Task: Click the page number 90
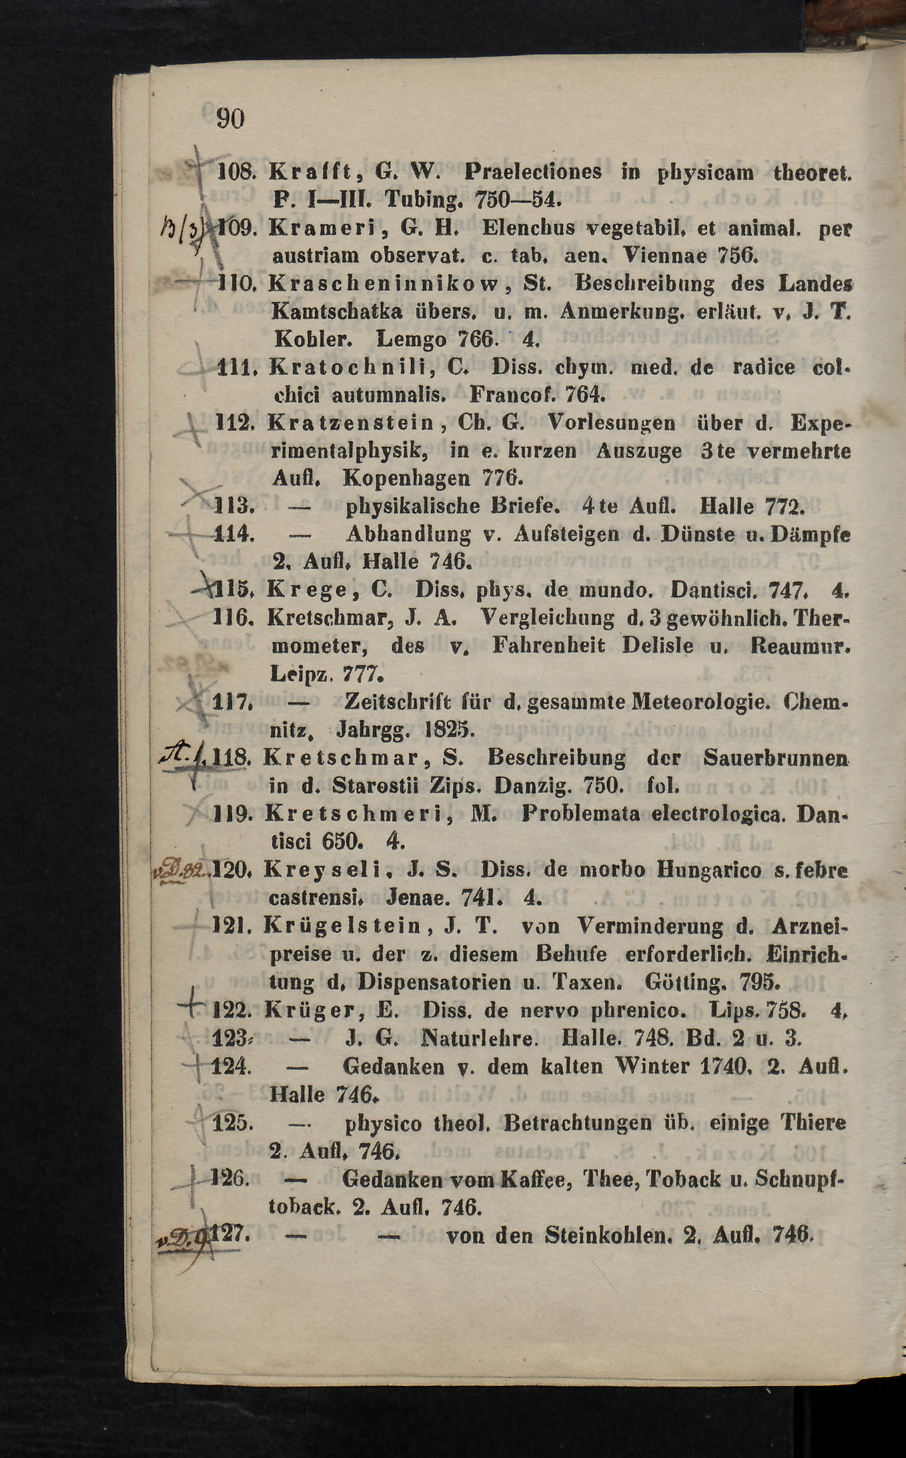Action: (x=231, y=119)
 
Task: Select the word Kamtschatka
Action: (x=337, y=312)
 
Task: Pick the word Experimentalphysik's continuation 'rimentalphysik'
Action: (x=350, y=451)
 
